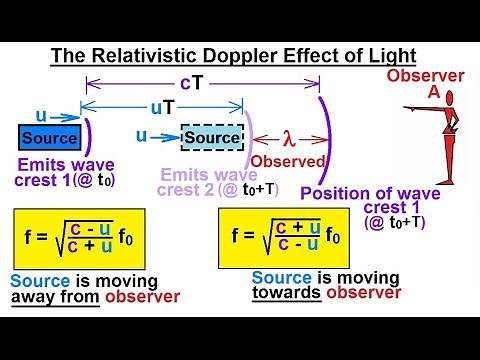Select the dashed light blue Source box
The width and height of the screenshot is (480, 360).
(x=212, y=137)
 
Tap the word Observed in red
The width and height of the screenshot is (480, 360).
(x=288, y=160)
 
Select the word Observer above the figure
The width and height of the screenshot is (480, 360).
(x=425, y=76)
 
